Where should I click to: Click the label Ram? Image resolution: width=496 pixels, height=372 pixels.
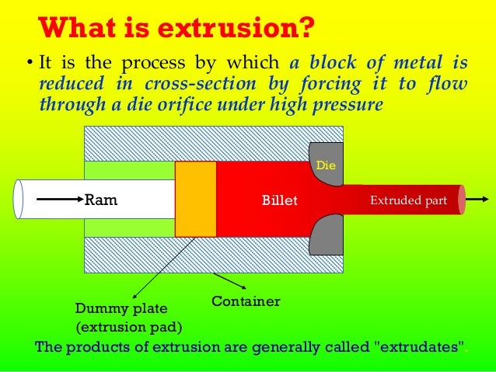coord(101,200)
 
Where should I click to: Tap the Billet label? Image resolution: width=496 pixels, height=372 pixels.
coord(279,200)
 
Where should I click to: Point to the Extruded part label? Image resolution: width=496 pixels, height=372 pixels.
coord(408,200)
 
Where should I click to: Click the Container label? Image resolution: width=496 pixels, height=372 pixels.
coord(246,301)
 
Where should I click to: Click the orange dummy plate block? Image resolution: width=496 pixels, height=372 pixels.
coord(195,199)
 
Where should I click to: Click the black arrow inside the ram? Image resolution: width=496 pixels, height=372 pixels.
coord(59,200)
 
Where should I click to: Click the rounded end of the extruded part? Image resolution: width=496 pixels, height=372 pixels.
coord(462,200)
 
